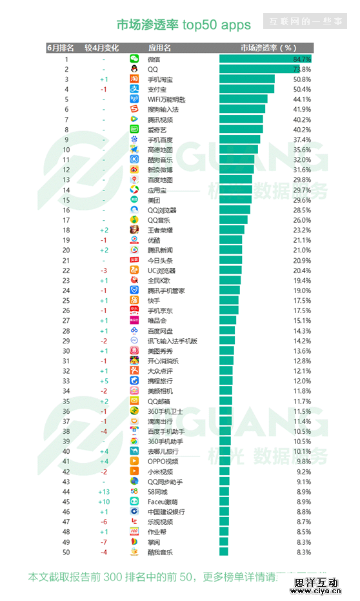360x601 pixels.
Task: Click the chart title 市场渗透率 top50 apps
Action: click(x=183, y=25)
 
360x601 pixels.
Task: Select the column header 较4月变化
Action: click(x=103, y=48)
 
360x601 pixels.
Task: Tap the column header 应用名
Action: click(x=159, y=48)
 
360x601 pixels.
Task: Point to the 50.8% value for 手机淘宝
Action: click(x=303, y=79)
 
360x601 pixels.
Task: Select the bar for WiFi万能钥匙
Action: click(x=243, y=99)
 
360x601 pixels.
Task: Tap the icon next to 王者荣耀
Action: click(x=134, y=230)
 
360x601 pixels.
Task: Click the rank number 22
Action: click(x=66, y=270)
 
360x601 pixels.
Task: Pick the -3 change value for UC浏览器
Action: click(x=103, y=270)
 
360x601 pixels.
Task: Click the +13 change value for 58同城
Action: click(x=103, y=492)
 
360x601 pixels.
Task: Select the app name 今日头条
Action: click(x=160, y=260)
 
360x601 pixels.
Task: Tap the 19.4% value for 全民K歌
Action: click(x=303, y=280)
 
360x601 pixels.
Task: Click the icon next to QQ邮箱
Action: click(x=134, y=402)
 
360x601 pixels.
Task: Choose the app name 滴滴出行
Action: click(x=160, y=422)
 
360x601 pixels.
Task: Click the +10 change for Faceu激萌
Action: click(x=103, y=502)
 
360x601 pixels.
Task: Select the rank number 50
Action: click(x=66, y=552)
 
